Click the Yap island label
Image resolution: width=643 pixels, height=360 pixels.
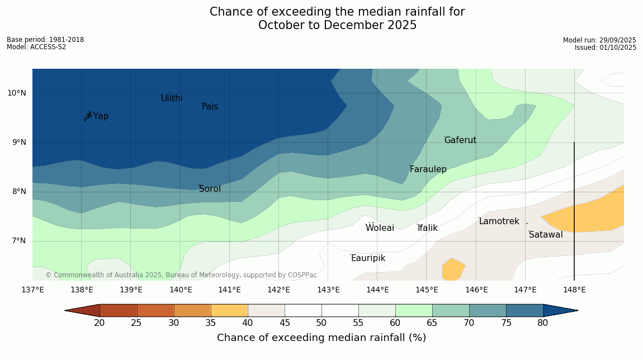coord(101,116)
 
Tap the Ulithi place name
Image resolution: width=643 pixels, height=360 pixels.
coord(172,98)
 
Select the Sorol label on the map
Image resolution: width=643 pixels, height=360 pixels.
coord(210,189)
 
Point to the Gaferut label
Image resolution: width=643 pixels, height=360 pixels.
coord(460,140)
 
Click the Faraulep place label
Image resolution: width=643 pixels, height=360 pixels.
coord(428,169)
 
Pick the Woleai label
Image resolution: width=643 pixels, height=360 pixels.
coord(380,228)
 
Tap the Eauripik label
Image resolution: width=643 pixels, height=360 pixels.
coord(368,258)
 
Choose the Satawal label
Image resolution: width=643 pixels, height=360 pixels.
coord(546,235)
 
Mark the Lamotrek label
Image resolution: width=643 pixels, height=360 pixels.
coord(499,221)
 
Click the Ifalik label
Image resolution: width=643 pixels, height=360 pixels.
coord(427,228)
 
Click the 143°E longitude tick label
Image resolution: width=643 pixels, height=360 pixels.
coord(328,290)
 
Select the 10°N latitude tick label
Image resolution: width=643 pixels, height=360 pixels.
coord(17,93)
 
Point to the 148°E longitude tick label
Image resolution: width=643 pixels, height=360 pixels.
coord(574,290)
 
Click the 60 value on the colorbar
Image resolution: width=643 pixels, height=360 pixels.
coord(395,323)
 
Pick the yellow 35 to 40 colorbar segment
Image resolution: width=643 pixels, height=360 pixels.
coord(229,310)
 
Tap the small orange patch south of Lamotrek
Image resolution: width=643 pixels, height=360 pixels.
coord(452,269)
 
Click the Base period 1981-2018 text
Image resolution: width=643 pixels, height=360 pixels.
coord(45,40)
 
